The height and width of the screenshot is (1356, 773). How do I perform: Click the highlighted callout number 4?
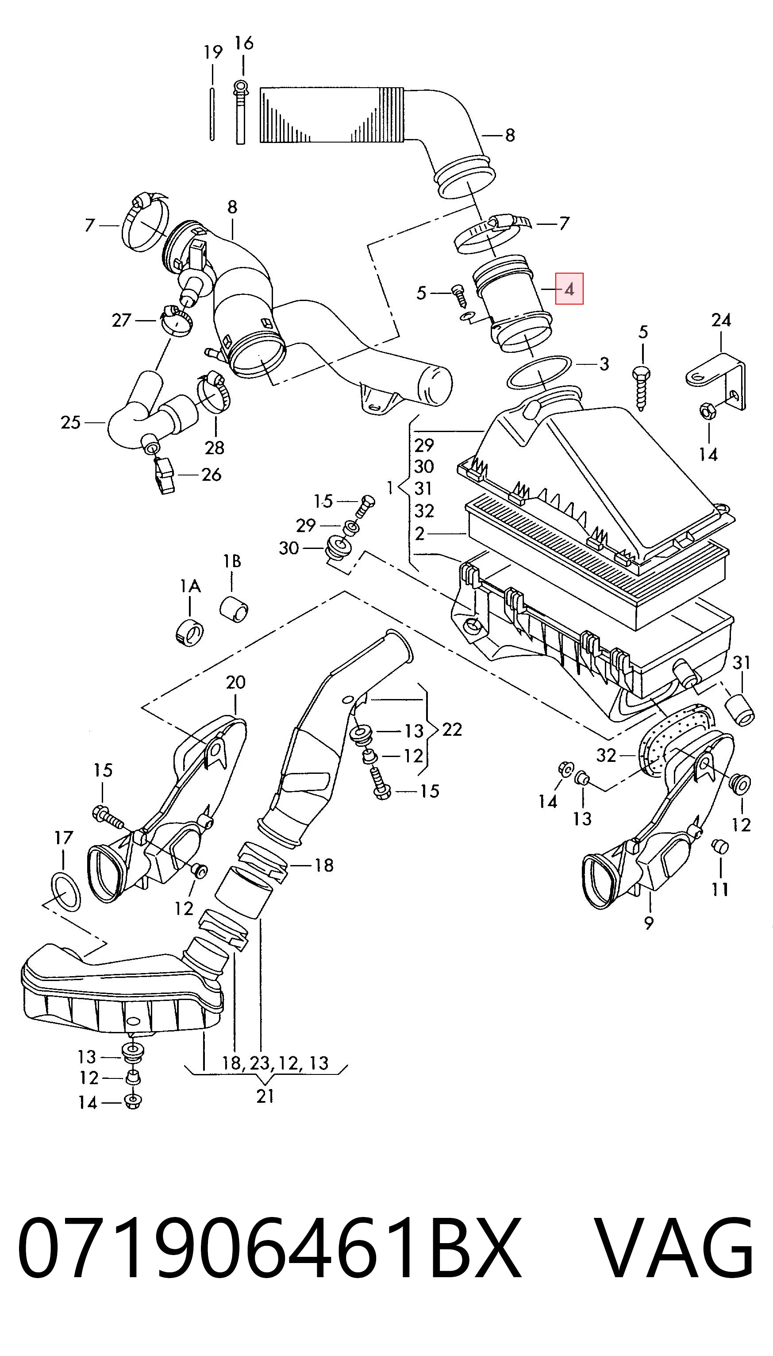[569, 289]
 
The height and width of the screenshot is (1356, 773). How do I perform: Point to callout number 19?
[213, 52]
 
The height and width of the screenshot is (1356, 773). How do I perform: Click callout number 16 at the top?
[244, 42]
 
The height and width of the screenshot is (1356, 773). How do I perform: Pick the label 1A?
[190, 587]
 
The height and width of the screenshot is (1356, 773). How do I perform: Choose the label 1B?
[232, 561]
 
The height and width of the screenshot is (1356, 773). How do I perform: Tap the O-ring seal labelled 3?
[539, 372]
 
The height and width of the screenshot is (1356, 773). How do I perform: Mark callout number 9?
[648, 923]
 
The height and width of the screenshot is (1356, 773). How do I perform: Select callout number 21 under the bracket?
[265, 1096]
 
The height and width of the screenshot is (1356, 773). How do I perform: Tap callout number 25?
[71, 422]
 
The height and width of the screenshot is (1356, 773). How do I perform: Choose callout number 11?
[720, 889]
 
